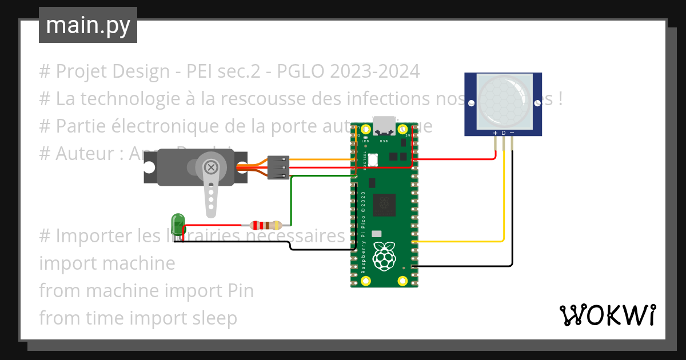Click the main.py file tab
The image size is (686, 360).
tap(87, 25)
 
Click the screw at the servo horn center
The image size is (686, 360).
tap(211, 167)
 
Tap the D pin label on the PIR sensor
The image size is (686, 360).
tap(504, 133)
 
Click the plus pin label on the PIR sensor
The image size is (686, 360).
tap(495, 133)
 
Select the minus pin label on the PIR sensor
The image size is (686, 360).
tap(512, 133)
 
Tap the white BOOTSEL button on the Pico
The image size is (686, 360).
tap(373, 159)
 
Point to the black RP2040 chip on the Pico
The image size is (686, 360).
tap(384, 204)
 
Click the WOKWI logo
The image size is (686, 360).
tap(607, 315)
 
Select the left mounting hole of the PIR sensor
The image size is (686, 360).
tap(471, 103)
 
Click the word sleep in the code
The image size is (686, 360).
tap(212, 318)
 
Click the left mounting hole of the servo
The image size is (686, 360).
tap(150, 167)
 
